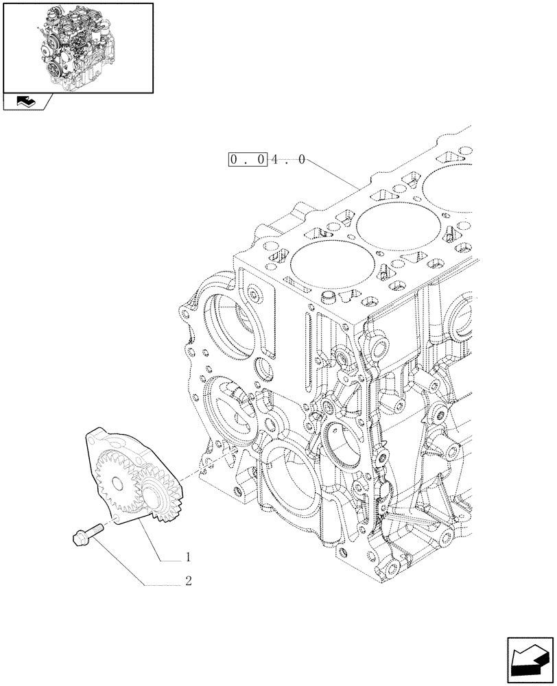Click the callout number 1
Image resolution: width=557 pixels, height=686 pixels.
point(187,557)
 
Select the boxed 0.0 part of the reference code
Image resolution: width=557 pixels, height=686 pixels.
point(248,161)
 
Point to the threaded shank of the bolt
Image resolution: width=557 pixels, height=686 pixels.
point(95,529)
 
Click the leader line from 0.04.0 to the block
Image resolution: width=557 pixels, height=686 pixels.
point(333,174)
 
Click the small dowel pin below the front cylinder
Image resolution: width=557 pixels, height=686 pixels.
point(329,298)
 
